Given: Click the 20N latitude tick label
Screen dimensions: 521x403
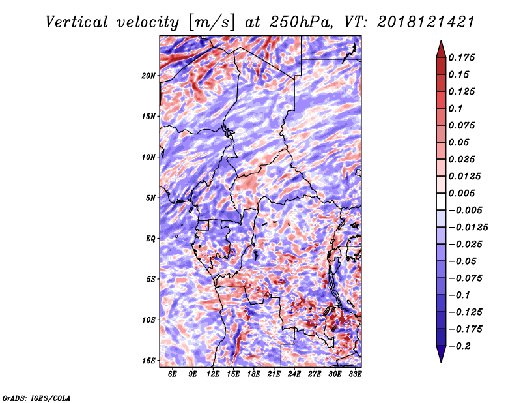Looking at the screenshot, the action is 148,76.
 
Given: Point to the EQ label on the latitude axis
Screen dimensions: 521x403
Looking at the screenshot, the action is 150,239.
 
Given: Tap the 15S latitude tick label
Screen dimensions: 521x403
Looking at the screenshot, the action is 148,361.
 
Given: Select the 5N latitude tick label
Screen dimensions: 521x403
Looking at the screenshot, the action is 150,198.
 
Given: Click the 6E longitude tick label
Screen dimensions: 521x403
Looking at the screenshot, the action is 172,374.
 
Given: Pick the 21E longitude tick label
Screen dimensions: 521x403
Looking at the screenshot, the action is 274,374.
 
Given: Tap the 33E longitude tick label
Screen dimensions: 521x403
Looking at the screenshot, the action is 355,374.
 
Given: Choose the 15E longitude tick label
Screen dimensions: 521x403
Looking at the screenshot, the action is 233,374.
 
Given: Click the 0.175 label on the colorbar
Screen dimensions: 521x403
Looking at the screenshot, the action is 462,57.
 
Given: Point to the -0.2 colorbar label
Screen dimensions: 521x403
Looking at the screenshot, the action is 460,346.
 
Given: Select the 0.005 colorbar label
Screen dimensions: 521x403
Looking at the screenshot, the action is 462,193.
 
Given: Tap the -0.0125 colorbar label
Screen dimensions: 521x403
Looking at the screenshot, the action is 468,228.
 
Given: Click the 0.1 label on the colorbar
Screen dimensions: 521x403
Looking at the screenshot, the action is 455,108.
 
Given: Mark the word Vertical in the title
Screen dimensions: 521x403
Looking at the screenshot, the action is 77,22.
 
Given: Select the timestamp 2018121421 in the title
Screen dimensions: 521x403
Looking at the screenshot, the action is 426,22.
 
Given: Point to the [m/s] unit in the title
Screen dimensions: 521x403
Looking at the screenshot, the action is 212,23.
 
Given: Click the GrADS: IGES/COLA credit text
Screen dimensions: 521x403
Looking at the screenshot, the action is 36,398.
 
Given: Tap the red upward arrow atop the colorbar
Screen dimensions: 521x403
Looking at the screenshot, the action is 441,49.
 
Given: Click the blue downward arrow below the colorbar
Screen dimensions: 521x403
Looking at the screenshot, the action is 441,354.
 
